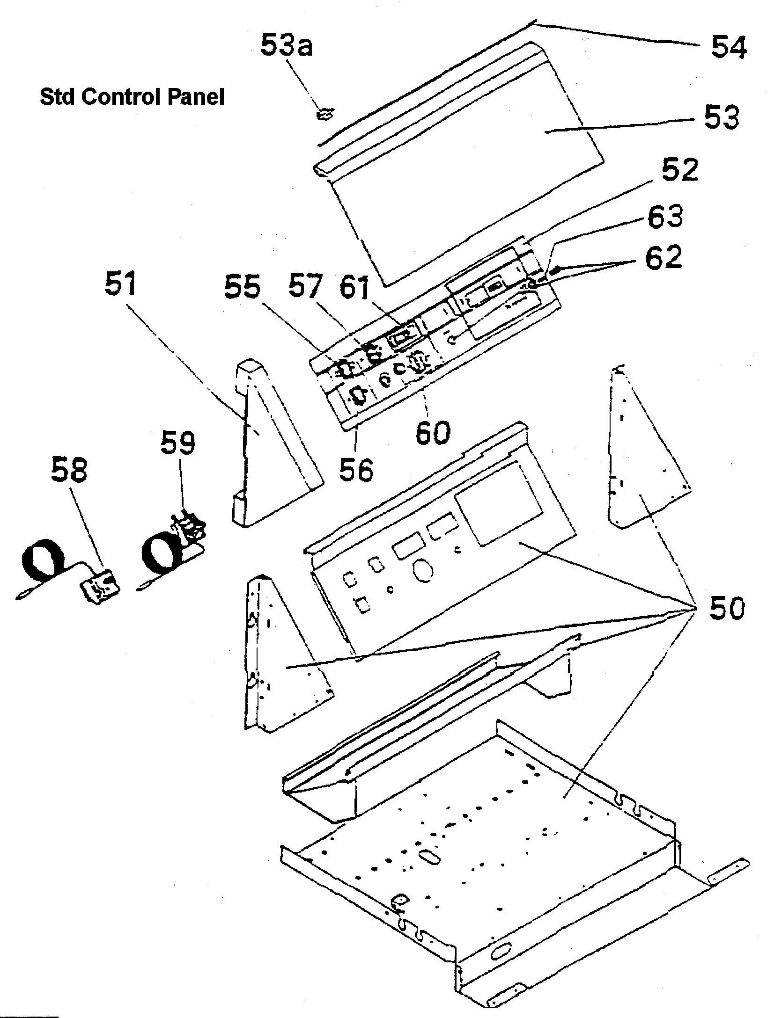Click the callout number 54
coord(729,47)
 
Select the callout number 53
coord(722,117)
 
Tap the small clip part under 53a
coord(326,114)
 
